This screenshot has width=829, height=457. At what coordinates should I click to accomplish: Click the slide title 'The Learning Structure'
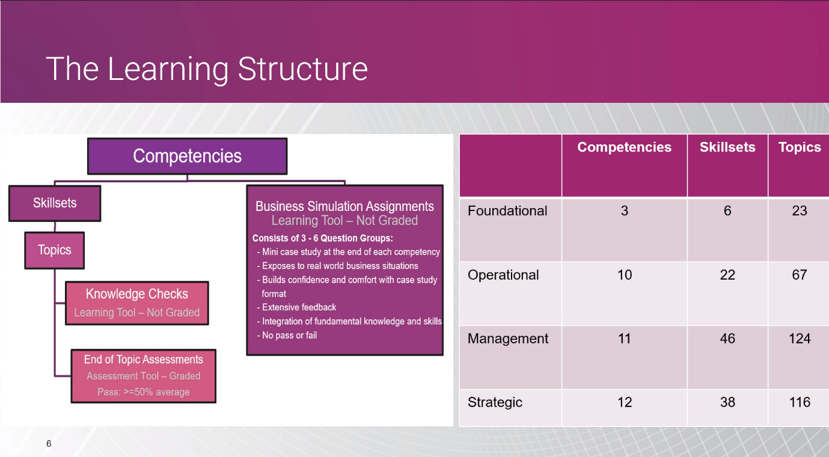[207, 69]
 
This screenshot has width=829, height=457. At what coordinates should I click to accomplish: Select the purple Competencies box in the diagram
[188, 156]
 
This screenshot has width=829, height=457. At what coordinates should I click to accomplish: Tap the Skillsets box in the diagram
[55, 203]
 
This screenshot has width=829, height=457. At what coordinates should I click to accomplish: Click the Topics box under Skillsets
[54, 250]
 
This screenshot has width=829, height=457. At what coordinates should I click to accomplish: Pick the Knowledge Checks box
[137, 303]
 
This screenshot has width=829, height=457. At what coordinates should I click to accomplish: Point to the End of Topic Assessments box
[144, 376]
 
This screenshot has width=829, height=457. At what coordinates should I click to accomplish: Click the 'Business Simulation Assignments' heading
[344, 206]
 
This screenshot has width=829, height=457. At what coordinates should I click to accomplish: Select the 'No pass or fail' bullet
[287, 336]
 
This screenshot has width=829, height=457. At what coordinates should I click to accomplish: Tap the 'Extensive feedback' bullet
[296, 307]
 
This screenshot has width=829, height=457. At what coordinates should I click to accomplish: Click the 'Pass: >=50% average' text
[144, 392]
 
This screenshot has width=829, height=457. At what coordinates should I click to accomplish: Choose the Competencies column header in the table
[625, 147]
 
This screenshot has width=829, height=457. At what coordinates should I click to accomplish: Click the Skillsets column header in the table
[727, 147]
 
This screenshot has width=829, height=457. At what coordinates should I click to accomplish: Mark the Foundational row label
[507, 210]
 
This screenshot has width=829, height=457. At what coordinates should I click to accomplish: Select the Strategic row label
[495, 402]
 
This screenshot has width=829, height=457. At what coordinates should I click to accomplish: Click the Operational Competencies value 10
[625, 275]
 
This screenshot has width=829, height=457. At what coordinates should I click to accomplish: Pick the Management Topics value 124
[800, 339]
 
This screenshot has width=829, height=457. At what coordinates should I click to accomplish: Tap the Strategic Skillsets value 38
[727, 402]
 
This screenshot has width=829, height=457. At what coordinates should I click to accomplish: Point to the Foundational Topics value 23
[800, 210]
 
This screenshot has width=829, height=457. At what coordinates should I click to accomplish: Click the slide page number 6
[49, 444]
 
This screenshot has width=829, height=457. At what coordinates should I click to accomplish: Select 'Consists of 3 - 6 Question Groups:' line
[322, 238]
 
